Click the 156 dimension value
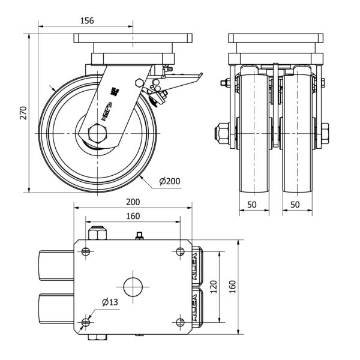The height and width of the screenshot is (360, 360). tap(87, 20)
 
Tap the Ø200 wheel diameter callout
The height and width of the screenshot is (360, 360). tap(170, 180)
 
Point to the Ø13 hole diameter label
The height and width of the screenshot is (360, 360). tap(109, 302)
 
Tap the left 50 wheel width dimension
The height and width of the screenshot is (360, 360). tap(253, 205)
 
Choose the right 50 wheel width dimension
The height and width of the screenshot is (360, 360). tap(295, 205)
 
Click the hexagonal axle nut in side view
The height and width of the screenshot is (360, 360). tap(97, 132)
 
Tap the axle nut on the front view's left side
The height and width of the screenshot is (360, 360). tap(221, 131)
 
